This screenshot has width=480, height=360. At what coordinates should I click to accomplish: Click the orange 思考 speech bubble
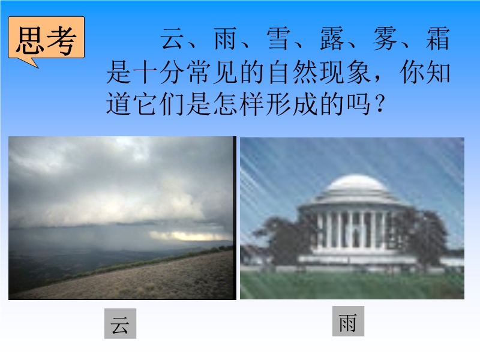point(46,38)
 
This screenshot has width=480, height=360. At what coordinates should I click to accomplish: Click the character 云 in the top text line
point(172,38)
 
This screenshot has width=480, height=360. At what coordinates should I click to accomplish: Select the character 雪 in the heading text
point(278,38)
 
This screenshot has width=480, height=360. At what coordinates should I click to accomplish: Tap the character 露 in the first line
point(332,38)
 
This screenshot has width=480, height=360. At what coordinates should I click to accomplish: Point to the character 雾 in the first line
point(385,38)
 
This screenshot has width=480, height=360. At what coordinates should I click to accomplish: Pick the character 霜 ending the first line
point(438,38)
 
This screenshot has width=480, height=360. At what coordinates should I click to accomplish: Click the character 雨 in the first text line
point(226,38)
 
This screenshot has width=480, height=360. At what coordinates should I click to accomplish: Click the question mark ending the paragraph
point(380,104)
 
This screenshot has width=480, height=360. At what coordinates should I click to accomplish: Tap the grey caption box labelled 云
point(120,323)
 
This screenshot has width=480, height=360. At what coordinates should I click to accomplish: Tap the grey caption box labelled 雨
point(348,321)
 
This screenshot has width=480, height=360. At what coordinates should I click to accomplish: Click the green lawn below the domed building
point(352,286)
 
